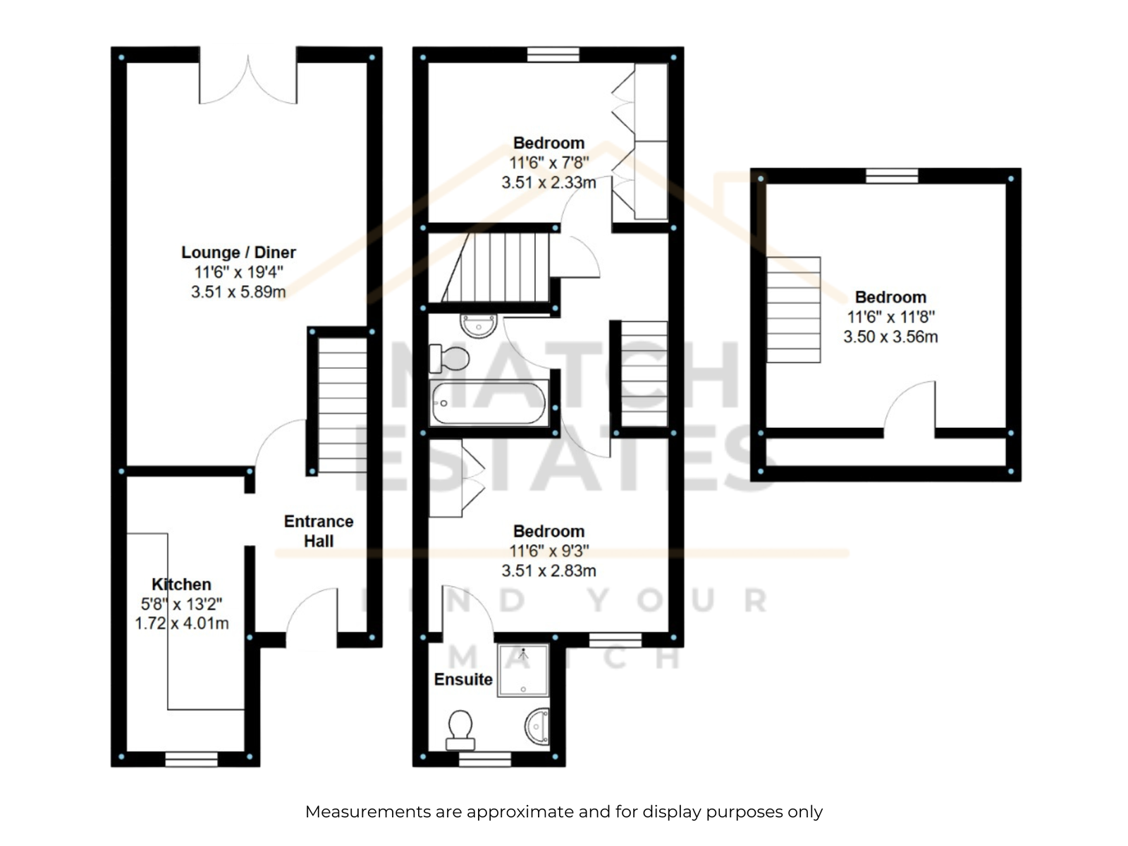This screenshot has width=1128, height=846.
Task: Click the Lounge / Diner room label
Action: click(238, 252)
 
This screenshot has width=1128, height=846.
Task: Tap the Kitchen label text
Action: click(181, 584)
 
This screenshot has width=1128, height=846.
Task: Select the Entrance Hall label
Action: click(319, 531)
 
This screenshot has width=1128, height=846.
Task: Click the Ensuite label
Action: click(463, 679)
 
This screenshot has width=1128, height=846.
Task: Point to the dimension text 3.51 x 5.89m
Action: click(238, 292)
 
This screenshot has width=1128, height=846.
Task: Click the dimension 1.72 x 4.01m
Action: click(181, 623)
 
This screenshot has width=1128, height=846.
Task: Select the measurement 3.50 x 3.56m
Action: click(890, 336)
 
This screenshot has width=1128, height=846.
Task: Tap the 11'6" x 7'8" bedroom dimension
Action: click(548, 163)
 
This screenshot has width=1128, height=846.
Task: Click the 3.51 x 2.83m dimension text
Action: click(548, 570)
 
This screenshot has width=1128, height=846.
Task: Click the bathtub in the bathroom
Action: click(489, 403)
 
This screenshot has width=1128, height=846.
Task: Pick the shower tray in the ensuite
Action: click(523, 670)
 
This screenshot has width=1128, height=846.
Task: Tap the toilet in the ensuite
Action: click(460, 730)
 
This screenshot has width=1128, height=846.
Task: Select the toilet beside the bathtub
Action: click(449, 359)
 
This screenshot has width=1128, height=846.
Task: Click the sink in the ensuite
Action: click(537, 726)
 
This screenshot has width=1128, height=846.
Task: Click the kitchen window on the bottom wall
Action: click(191, 759)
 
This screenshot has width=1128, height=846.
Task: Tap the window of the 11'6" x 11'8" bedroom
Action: click(892, 176)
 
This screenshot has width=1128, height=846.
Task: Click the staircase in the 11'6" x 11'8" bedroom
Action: click(793, 309)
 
